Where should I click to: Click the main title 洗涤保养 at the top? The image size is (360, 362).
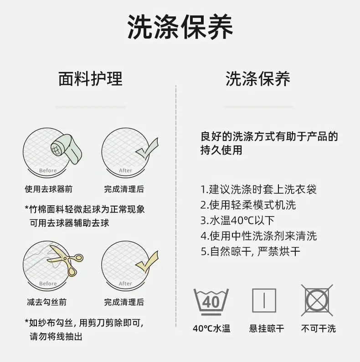(x=180, y=27)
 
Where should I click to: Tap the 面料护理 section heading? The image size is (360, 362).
(x=90, y=79)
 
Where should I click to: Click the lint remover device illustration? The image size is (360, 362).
(x=67, y=149)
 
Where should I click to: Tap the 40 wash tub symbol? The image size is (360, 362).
(x=211, y=302)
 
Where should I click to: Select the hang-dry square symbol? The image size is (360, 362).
(x=264, y=300)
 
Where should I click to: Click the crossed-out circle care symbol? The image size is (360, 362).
(x=317, y=300)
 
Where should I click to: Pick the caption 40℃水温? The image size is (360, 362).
(x=211, y=329)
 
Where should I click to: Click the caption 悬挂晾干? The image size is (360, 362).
(x=267, y=329)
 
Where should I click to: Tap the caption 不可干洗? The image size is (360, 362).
(x=319, y=329)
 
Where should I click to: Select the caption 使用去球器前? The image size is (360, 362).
(x=49, y=189)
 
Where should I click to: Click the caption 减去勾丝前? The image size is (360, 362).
(x=47, y=302)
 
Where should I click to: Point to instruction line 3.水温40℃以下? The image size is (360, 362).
(x=237, y=220)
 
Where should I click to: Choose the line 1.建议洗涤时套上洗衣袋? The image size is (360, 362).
(x=258, y=189)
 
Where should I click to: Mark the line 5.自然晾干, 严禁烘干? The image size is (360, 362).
(x=250, y=251)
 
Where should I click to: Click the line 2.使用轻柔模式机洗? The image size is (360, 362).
(x=248, y=205)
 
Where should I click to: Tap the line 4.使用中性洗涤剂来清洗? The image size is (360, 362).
(x=258, y=236)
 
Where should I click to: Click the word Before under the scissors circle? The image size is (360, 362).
(x=48, y=284)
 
